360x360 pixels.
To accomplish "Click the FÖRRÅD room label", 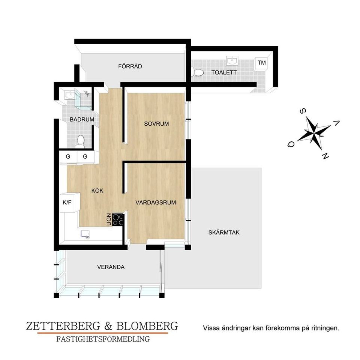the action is coord(130,66).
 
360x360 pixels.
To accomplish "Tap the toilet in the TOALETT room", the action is coord(198,72).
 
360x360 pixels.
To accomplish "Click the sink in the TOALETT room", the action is coord(232,61).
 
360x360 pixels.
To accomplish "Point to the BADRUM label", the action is coord(82,119).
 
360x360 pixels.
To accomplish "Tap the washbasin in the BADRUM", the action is coord(69,95).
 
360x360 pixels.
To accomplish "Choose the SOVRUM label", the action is coord(156,124).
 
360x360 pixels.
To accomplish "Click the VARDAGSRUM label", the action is coord(156,202).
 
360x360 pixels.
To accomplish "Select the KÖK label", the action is coord(97,190).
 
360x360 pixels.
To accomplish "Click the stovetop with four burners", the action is coord(118,220).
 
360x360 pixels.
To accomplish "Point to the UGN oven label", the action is coord(109,219).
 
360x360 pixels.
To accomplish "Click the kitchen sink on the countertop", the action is coord(85,234).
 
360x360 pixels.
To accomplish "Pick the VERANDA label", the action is coord(111,267).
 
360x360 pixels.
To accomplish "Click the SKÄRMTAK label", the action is coord(224,232).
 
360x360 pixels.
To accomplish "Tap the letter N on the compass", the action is coord(325,156).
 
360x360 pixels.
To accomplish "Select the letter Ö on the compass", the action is coord(291,144).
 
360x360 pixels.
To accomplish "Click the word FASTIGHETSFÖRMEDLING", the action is coord(103,339).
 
